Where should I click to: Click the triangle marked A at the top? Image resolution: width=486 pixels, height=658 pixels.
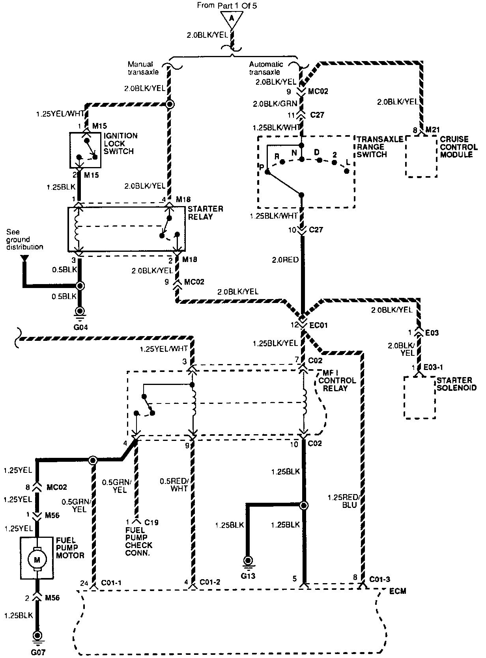(232, 20)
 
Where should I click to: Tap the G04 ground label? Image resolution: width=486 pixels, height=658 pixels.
(80, 327)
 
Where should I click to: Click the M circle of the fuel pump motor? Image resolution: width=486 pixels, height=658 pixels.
(37, 560)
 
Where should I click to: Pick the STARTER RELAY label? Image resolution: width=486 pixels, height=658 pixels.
(205, 213)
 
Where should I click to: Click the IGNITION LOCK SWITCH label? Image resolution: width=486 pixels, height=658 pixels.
(120, 143)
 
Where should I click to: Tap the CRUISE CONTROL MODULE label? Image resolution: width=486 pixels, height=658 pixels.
(459, 147)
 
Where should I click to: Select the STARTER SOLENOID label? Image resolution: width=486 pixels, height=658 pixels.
(456, 384)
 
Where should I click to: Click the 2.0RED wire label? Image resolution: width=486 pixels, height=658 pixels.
(286, 260)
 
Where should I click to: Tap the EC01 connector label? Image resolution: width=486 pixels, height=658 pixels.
(318, 325)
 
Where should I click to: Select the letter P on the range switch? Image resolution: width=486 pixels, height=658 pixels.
(262, 167)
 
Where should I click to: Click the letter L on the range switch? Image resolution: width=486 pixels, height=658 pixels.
(348, 162)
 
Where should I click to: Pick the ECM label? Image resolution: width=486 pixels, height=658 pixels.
(398, 591)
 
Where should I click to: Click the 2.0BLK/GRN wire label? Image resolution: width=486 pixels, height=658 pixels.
(275, 104)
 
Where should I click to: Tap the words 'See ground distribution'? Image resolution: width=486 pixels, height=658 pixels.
(25, 240)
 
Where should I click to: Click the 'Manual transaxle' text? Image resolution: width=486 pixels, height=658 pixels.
(143, 68)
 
